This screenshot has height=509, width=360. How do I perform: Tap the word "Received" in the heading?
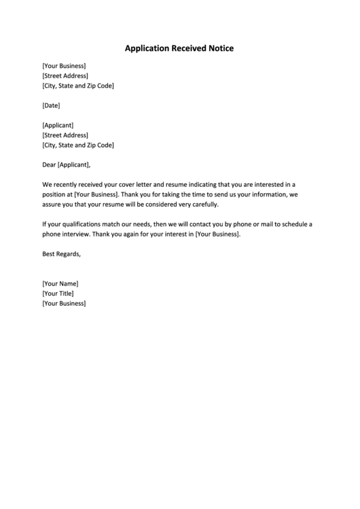point(190,49)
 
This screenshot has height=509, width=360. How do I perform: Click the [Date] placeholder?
point(51,105)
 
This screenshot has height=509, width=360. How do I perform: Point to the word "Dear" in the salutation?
point(49,164)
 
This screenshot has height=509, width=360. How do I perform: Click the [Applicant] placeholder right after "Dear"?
point(74,164)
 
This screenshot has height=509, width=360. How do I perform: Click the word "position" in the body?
point(54,194)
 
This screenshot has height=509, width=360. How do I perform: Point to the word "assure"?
point(52,205)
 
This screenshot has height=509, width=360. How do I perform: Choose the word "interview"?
point(76,234)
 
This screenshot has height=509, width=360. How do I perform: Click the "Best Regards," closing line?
point(61,254)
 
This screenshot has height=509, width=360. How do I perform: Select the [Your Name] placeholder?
point(60,283)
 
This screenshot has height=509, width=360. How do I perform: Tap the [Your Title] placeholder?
point(58,294)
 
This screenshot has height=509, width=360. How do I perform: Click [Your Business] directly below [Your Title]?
point(64,303)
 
